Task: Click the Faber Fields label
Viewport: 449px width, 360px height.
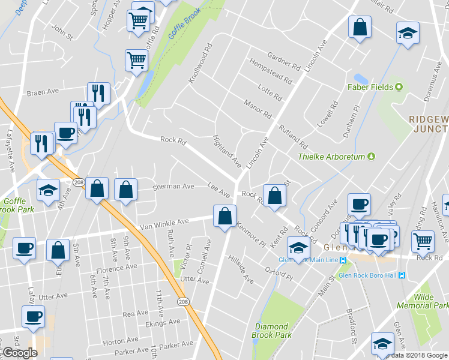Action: [x=370, y=87]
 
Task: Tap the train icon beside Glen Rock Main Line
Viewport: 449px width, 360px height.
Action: [x=343, y=260]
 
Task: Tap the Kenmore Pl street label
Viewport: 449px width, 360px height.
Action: [x=250, y=235]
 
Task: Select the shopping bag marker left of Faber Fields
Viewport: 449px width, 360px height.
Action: [x=360, y=27]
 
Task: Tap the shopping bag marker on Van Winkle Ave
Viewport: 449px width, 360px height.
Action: [x=224, y=217]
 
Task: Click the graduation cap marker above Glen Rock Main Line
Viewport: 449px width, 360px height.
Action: [x=298, y=247]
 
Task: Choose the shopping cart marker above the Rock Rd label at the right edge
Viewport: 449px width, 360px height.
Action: [x=423, y=241]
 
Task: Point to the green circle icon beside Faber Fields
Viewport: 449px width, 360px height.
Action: [x=398, y=87]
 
